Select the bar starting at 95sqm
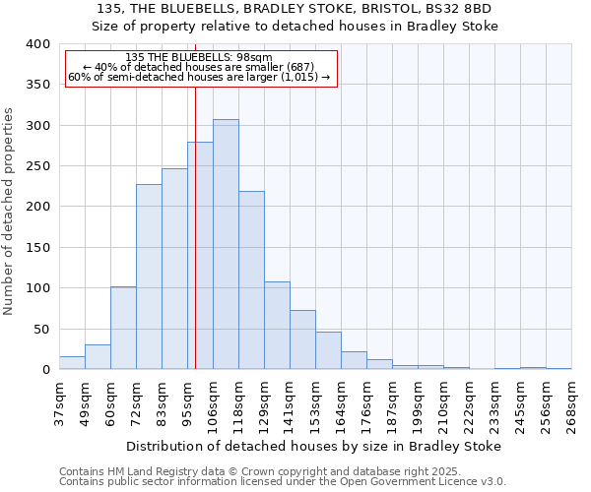(200, 256)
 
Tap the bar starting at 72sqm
(149, 277)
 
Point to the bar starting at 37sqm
(72, 363)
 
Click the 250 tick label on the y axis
(37, 166)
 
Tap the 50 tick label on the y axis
(41, 329)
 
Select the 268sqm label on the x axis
(571, 404)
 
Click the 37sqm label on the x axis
(59, 404)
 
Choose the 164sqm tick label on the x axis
(341, 404)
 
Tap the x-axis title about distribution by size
(314, 446)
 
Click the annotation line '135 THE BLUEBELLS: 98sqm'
(199, 58)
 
